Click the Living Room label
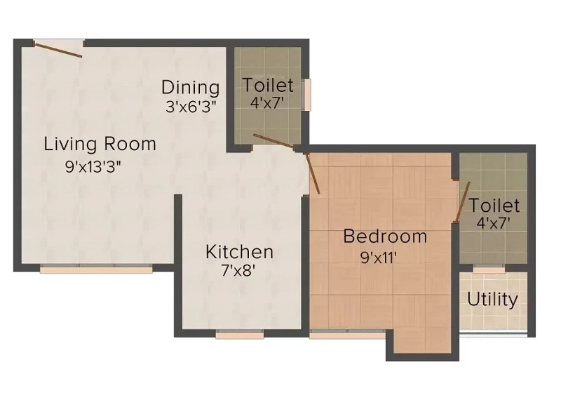[x=100, y=144]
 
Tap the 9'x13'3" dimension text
[x=93, y=166]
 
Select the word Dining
[x=190, y=88]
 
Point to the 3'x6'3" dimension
[x=191, y=107]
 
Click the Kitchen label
[x=239, y=251]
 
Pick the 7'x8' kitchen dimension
[x=238, y=270]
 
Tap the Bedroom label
[x=385, y=236]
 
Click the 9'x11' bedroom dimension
[x=379, y=257]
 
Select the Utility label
[x=492, y=300]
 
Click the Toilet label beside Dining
[x=268, y=85]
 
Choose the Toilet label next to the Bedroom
[x=494, y=206]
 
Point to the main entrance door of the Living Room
[x=58, y=49]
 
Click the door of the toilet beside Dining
[x=274, y=141]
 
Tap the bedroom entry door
[x=312, y=174]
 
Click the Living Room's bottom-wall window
[x=96, y=269]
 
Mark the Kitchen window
[x=240, y=335]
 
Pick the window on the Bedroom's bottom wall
[x=347, y=335]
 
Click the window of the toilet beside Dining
[x=306, y=95]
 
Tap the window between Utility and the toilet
[x=489, y=269]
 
